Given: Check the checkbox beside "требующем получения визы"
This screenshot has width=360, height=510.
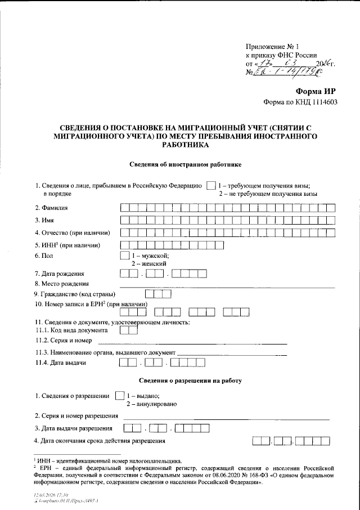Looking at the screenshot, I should click(x=210, y=185).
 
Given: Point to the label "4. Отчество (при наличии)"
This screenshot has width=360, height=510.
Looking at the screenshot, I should click(x=72, y=232).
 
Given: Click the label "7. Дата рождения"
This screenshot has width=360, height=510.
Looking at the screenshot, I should click(x=59, y=274).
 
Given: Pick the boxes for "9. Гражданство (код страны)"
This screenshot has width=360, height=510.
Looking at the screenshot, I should click(x=157, y=294).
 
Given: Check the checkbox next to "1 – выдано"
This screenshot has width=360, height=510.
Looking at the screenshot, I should click(x=119, y=396).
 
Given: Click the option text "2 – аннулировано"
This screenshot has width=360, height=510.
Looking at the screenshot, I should click(x=152, y=404).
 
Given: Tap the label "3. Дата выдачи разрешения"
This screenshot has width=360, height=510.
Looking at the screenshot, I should click(x=74, y=428).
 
